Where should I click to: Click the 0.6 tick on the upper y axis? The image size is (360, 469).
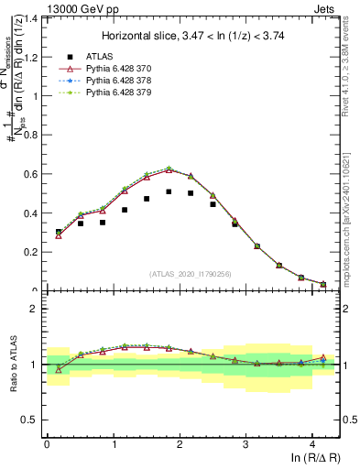pyautogui.click(x=33, y=174)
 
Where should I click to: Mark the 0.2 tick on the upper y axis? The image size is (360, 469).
pyautogui.click(x=33, y=252)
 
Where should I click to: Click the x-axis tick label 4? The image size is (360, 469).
pyautogui.click(x=312, y=444)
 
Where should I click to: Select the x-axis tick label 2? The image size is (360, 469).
pyautogui.click(x=180, y=444)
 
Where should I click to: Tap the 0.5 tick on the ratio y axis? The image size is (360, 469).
pyautogui.click(x=33, y=420)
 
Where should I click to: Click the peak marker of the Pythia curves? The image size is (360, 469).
pyautogui.click(x=169, y=169)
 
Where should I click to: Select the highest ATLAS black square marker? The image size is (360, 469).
pyautogui.click(x=169, y=191)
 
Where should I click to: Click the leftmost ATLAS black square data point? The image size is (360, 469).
pyautogui.click(x=59, y=232)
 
